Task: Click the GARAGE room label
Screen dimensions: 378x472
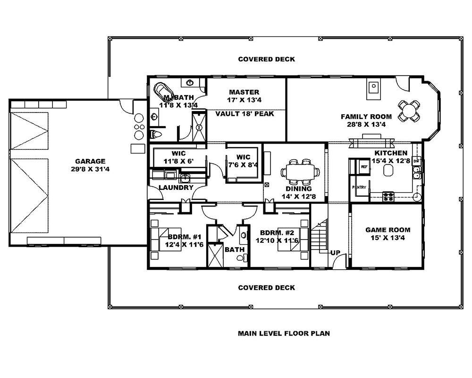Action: pos(90,161)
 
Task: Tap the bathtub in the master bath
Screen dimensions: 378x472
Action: pos(164,90)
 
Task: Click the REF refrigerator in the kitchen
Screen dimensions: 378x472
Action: pos(364,167)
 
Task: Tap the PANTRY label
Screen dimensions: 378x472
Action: pos(359,188)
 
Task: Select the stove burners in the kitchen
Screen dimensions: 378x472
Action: pos(388,197)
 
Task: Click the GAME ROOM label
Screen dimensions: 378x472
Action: pos(388,230)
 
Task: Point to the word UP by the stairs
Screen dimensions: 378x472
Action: pos(335,253)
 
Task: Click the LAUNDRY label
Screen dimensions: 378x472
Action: pos(176,188)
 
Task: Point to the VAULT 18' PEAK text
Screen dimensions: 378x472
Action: pos(244,114)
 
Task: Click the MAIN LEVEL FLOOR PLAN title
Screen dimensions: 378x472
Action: pos(284,333)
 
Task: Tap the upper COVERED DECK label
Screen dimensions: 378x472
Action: pos(266,59)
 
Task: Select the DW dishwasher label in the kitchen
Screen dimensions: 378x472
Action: pos(416,162)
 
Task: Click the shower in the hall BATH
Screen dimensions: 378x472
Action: pos(215,255)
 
